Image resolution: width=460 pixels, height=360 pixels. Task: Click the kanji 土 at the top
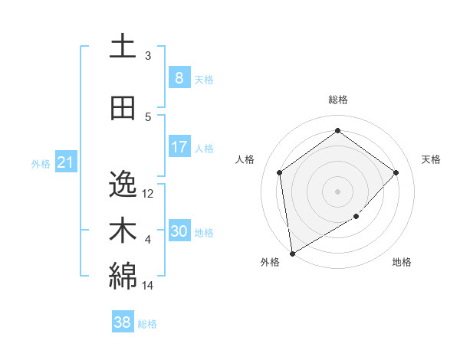coord(123,47)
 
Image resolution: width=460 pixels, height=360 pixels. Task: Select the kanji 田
coord(123,109)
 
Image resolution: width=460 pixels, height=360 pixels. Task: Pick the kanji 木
coord(123,231)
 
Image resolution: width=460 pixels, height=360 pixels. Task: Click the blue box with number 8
coord(179,78)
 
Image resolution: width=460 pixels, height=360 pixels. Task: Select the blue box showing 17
coord(179,147)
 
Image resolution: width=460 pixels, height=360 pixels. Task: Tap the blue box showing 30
coord(179,231)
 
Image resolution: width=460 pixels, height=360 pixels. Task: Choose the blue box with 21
coord(65,162)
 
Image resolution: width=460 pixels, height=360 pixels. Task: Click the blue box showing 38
coord(122,322)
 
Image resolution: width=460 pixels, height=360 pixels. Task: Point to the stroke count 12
coord(149,193)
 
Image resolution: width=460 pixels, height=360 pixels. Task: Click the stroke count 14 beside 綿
coord(148,286)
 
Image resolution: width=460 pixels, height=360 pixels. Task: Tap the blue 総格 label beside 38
coord(147,324)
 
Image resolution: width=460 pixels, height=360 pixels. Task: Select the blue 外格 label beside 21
coord(41,163)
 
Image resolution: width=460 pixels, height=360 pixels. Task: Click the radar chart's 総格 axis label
coord(337,100)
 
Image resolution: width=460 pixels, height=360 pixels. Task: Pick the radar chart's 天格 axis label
coord(432,159)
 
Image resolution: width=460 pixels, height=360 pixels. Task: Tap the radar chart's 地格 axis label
coord(402,262)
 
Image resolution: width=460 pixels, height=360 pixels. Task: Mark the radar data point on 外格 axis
coord(292,253)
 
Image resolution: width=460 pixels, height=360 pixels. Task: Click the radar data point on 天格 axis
coord(396,172)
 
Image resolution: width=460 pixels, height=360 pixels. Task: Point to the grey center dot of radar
coord(337,191)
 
